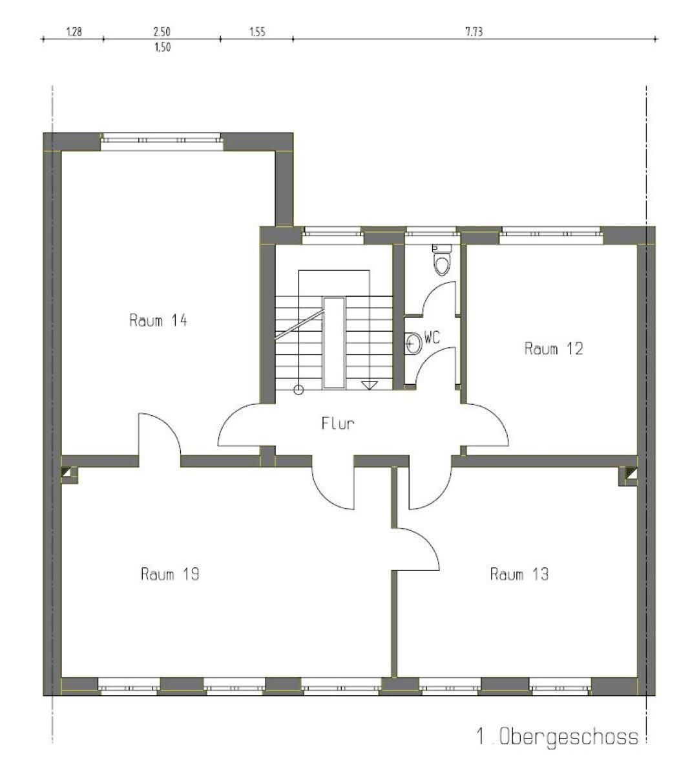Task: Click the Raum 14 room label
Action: [x=158, y=320]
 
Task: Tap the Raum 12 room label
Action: [x=554, y=349]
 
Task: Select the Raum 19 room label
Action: [x=170, y=574]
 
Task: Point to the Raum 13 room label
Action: [x=519, y=574]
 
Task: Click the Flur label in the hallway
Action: [x=337, y=423]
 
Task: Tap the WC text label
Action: [x=432, y=338]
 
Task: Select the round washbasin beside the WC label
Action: [x=413, y=343]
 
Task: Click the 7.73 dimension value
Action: [x=474, y=32]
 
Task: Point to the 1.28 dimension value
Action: [x=74, y=32]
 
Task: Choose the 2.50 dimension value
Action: [x=162, y=32]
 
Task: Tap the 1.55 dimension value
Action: [x=258, y=32]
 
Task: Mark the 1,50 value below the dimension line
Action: [x=162, y=47]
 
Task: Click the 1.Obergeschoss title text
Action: [x=557, y=737]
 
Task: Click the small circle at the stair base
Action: [x=298, y=391]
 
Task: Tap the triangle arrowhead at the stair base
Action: [x=370, y=385]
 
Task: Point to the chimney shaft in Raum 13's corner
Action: [x=628, y=476]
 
